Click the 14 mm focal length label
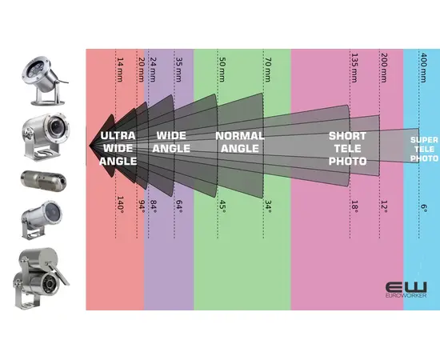coord(120,70)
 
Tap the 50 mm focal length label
coord(222,70)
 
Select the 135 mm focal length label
coord(354,68)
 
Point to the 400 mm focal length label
coord(423,68)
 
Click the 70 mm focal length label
coord(268,70)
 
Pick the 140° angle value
coord(120,203)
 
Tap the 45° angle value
coord(222,206)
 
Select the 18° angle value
coord(354,206)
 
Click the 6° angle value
coord(424,208)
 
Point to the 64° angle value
coord(178,206)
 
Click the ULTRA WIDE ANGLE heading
coord(118,149)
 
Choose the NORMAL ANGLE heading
coord(240,142)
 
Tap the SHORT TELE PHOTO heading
coord(348,149)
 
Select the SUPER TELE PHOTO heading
coord(424,149)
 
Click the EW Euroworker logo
coord(406,290)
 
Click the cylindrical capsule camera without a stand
coord(44,179)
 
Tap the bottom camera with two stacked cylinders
coord(41,278)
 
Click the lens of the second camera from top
coord(57,126)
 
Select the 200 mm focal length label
coord(384,68)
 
